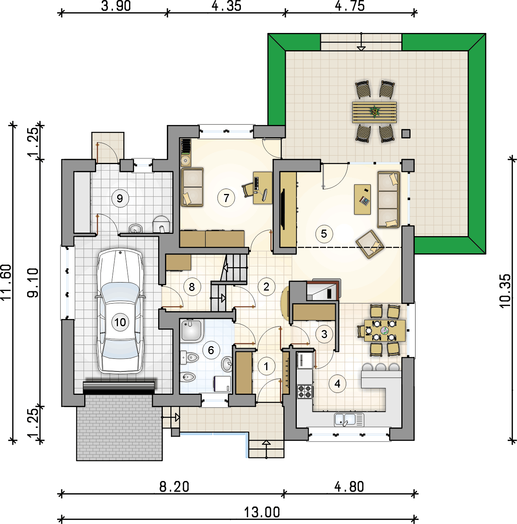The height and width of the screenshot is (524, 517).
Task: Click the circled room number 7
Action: [226, 198]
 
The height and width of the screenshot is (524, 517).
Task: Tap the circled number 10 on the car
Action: [120, 322]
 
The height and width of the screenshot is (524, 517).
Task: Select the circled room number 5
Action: [324, 233]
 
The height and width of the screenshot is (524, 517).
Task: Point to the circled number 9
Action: [120, 199]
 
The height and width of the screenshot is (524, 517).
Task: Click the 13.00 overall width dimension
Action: [262, 512]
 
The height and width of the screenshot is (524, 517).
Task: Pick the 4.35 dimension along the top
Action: [226, 6]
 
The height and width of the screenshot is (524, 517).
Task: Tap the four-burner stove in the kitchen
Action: [305, 392]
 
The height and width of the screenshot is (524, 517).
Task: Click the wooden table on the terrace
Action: [375, 112]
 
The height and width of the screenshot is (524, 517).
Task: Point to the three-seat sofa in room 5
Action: [388, 200]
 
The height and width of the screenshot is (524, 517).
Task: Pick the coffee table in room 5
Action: [362, 199]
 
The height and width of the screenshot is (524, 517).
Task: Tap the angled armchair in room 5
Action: [370, 244]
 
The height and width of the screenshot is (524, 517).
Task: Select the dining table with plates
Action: [385, 331]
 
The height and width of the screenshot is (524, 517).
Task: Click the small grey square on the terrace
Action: [406, 133]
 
